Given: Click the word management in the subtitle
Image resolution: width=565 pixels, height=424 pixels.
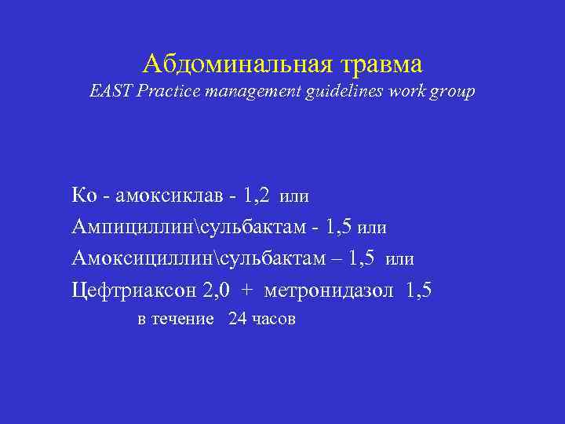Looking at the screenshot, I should [247, 93].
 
